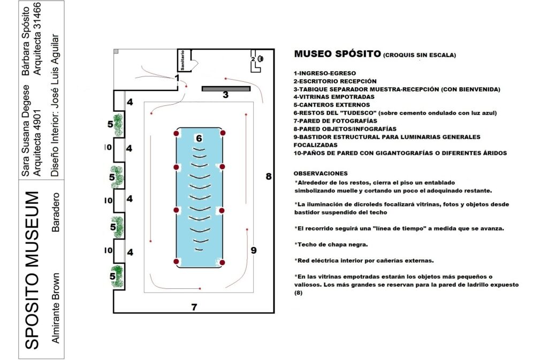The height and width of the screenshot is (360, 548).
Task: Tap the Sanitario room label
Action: [x=183, y=60]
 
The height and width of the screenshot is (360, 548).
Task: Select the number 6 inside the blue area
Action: [x=199, y=139]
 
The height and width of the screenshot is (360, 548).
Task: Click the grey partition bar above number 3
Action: [x=226, y=88]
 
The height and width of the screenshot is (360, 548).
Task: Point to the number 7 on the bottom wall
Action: [x=194, y=307]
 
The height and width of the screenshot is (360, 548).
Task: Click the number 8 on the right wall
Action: [x=269, y=176]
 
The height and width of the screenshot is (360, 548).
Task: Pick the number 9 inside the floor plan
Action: [x=254, y=250]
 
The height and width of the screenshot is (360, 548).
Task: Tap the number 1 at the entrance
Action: [x=177, y=78]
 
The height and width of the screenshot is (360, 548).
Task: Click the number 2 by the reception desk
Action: [x=253, y=59]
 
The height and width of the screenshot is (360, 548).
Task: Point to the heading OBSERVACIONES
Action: [x=321, y=173]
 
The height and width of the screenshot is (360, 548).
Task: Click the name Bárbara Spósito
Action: [x=25, y=38]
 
